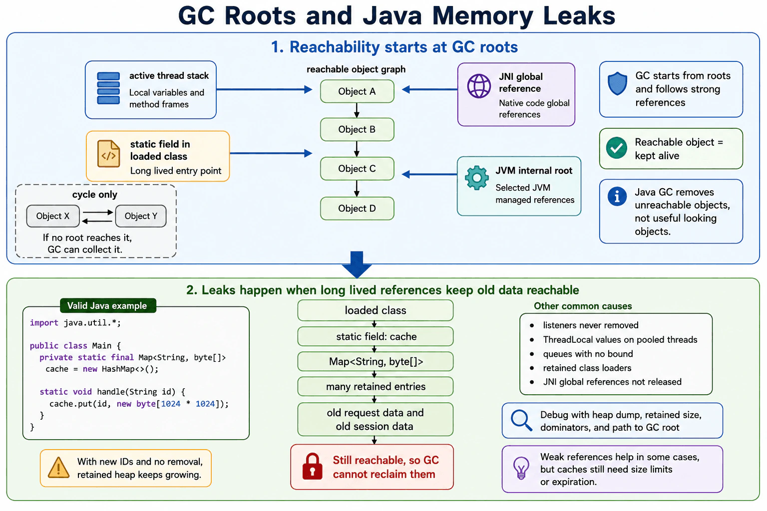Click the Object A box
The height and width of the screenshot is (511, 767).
(357, 91)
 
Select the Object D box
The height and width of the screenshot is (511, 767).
(357, 209)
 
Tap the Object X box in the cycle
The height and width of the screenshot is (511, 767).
(53, 216)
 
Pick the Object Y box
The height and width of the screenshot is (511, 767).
(141, 216)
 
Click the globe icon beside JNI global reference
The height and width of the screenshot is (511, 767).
(479, 86)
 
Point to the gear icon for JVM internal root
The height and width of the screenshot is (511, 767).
(477, 178)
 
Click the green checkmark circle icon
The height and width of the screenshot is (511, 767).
(616, 148)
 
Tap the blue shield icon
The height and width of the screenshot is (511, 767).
(617, 83)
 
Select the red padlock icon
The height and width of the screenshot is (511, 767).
(312, 467)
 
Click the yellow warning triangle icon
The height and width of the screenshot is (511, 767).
(58, 468)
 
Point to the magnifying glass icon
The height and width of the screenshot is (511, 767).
(521, 420)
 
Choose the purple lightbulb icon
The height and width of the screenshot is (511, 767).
(521, 468)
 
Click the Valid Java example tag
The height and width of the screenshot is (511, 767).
(108, 305)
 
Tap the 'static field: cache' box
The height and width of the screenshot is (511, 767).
(376, 336)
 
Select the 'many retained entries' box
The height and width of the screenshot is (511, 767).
(376, 386)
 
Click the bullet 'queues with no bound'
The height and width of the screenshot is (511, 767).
(588, 354)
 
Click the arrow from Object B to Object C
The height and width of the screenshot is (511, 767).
(357, 149)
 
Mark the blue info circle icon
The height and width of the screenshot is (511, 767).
(617, 197)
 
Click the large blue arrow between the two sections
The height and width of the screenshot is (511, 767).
(357, 264)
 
